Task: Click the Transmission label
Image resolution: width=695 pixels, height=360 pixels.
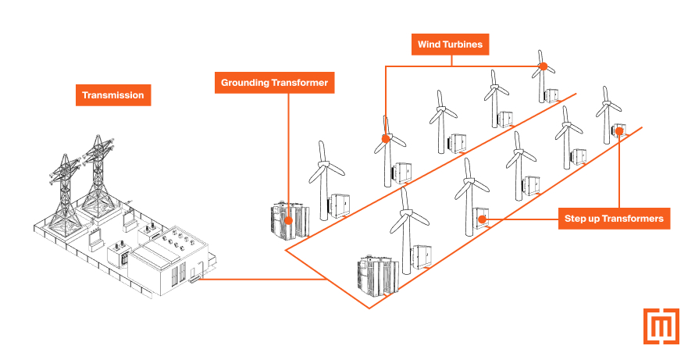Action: (114, 95)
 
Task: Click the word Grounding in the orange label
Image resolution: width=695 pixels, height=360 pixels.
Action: (247, 82)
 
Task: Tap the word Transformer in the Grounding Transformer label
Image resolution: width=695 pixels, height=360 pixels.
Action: (301, 82)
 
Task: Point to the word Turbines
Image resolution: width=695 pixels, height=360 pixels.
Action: (466, 45)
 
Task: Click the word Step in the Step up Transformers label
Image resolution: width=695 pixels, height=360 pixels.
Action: (576, 219)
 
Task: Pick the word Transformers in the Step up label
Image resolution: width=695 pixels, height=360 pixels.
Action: (634, 219)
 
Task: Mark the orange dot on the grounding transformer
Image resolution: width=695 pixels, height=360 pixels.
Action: (289, 220)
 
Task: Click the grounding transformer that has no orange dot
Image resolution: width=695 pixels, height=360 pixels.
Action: (377, 276)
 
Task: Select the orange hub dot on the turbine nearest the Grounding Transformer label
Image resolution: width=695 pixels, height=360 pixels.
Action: (385, 139)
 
